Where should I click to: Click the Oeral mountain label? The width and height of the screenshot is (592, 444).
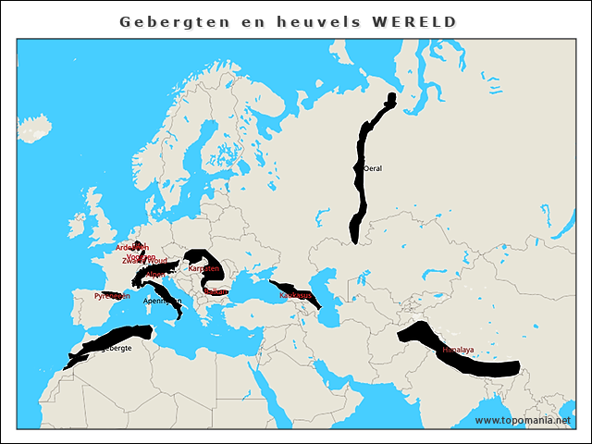[x=373, y=169]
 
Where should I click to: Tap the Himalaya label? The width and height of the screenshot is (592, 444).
[x=458, y=350]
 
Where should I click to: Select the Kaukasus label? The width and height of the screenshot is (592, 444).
[x=294, y=294]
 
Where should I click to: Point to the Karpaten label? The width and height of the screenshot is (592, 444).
[x=203, y=268]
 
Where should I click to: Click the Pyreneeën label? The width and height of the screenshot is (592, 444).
[x=112, y=296]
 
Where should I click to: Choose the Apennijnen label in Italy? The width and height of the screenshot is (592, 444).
[x=163, y=301]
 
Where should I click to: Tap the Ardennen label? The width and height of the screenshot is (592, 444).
[x=131, y=247]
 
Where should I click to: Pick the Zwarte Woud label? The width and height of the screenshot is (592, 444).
[x=139, y=261]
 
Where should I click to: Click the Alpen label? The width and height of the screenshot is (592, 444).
[x=155, y=274]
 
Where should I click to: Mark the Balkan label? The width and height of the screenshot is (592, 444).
[x=215, y=291]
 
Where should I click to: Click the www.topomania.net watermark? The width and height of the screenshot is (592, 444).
[x=523, y=420]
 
